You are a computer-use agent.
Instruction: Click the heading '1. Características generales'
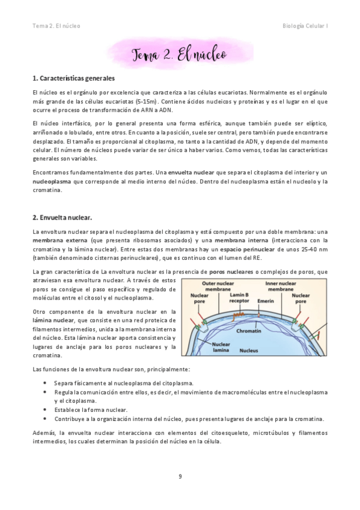point(74,79)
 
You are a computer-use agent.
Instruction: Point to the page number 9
point(180,476)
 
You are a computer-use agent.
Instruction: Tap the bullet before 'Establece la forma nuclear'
point(47,410)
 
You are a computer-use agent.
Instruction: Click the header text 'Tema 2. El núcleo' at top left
point(56,26)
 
